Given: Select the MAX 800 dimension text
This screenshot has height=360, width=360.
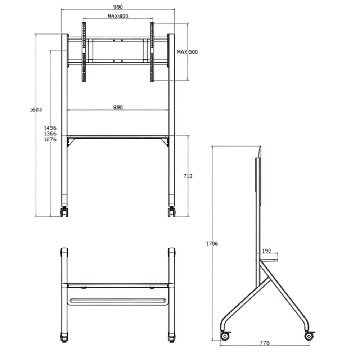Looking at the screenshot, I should pyautogui.click(x=118, y=16).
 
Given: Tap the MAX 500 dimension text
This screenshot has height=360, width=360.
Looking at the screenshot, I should pyautogui.click(x=187, y=52).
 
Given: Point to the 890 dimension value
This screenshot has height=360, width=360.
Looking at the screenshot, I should pyautogui.click(x=118, y=107).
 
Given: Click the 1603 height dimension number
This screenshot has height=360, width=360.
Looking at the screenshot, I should pyautogui.click(x=36, y=109).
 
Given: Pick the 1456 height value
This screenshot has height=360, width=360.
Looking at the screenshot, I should pyautogui.click(x=50, y=128).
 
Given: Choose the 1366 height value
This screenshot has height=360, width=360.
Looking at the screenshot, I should pyautogui.click(x=50, y=134).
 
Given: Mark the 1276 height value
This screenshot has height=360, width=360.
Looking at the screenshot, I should pyautogui.click(x=50, y=139).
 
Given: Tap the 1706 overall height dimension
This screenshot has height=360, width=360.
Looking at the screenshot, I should pyautogui.click(x=212, y=243).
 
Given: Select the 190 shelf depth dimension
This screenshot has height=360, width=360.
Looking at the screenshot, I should pyautogui.click(x=266, y=251).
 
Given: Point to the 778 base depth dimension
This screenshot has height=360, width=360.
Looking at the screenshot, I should pyautogui.click(x=264, y=343).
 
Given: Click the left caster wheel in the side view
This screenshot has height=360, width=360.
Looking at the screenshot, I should pyautogui.click(x=225, y=336).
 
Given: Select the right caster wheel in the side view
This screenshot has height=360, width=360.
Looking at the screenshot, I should pyautogui.click(x=309, y=336).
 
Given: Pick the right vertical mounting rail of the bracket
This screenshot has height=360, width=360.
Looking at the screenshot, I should pyautogui.click(x=152, y=52).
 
